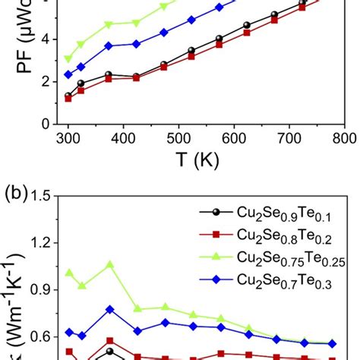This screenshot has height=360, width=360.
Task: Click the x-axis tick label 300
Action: (x=227, y=137)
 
